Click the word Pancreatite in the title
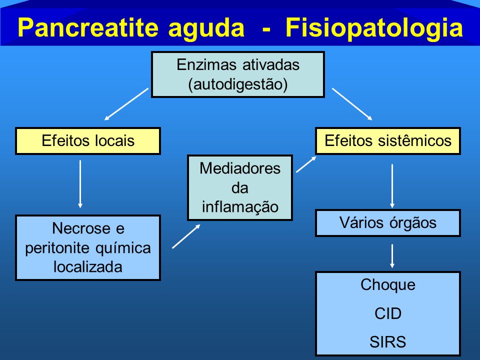click(x=88, y=27)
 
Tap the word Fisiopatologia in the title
click(x=374, y=28)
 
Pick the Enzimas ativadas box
click(x=238, y=74)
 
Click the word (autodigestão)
click(x=238, y=84)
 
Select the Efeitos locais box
click(x=88, y=141)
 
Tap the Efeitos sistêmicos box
click(x=388, y=141)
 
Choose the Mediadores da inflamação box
click(x=240, y=187)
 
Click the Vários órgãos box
click(x=388, y=223)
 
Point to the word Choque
click(x=388, y=284)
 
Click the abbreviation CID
click(x=388, y=313)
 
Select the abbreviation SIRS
click(x=388, y=341)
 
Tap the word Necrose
click(x=77, y=228)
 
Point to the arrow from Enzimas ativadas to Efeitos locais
click(x=126, y=104)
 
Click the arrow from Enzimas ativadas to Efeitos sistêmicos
click(x=352, y=104)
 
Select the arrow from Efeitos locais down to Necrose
click(x=80, y=184)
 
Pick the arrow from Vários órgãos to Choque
click(x=392, y=256)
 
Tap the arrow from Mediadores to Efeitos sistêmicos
click(x=306, y=164)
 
